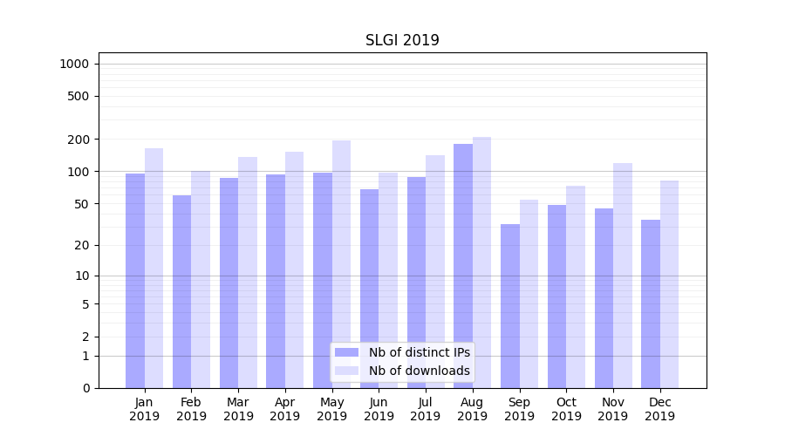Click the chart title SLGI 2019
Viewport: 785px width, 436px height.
(402, 40)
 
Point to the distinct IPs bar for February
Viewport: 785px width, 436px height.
(182, 291)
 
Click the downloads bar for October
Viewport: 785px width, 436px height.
(576, 287)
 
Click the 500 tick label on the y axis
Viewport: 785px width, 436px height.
(78, 96)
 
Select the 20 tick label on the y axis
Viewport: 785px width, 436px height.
(82, 245)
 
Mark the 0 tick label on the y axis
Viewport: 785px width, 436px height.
(85, 388)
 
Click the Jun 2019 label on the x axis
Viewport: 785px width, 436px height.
(379, 409)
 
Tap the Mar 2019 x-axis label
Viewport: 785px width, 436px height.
(238, 409)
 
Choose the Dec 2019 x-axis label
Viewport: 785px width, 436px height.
(659, 409)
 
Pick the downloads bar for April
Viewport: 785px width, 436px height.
(295, 269)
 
